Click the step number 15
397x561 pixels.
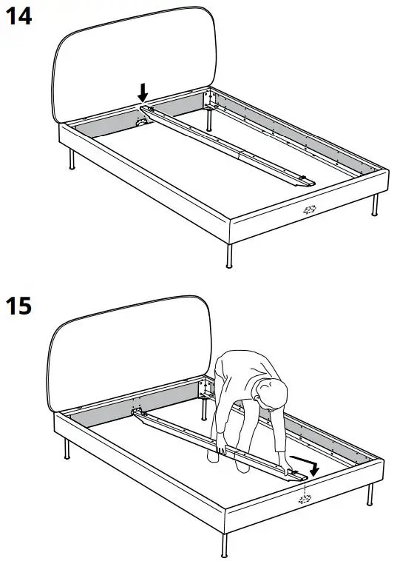point(18,306)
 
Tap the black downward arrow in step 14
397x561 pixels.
point(143,93)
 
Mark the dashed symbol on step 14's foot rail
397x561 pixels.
point(309,209)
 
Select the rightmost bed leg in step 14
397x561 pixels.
point(376,205)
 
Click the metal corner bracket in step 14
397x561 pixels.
point(210,98)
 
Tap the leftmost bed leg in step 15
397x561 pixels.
point(68,448)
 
